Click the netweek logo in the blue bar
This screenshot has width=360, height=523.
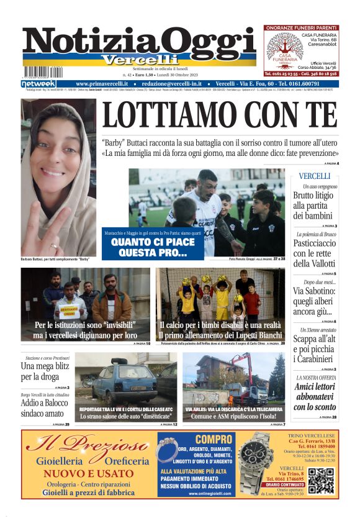click(x=38, y=83)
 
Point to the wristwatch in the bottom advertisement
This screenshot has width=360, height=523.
click(x=256, y=463)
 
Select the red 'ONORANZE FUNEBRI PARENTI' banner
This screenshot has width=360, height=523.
click(x=301, y=28)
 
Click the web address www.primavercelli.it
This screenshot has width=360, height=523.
click(x=102, y=83)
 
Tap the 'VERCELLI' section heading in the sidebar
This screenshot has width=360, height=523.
click(x=314, y=176)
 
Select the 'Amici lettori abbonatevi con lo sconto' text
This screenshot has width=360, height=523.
click(x=315, y=396)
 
